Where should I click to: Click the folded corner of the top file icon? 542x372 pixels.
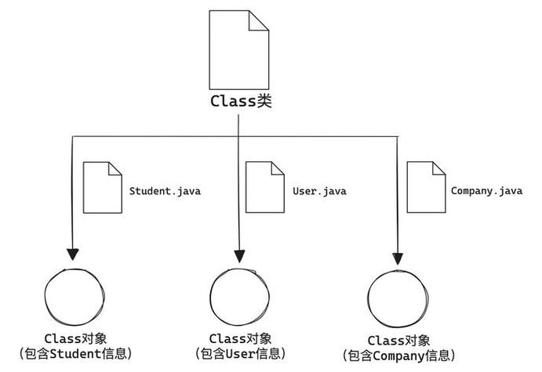click(260, 21)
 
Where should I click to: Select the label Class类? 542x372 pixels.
click(241, 101)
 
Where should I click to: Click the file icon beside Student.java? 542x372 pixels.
click(103, 187)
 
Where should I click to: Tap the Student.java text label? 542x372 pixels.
click(165, 190)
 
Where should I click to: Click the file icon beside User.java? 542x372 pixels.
click(264, 187)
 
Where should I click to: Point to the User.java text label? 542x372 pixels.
click(318, 190)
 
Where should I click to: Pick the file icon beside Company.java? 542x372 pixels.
click(426, 187)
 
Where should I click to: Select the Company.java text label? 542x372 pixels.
click(486, 190)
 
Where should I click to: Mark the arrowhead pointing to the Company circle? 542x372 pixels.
click(398, 257)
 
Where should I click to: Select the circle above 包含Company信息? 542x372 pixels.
click(398, 298)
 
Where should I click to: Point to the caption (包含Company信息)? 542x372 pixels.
click(398, 356)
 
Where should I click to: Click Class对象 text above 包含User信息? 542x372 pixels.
click(240, 338)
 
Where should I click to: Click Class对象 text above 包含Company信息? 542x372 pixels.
click(398, 341)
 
